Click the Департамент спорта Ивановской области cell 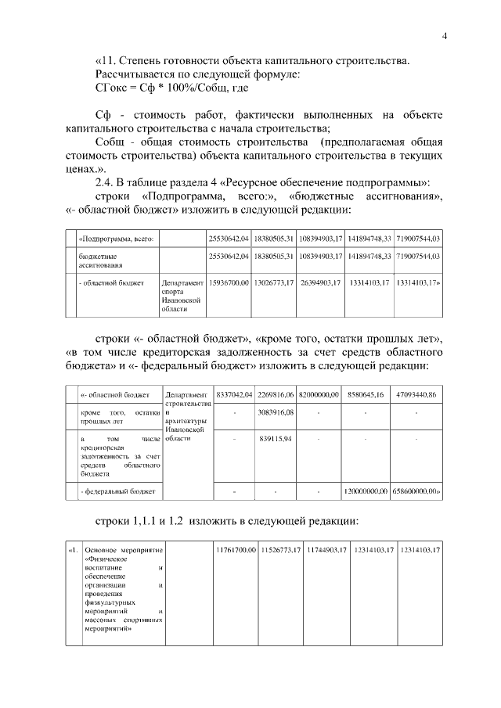[183, 295]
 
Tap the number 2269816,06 [275, 394]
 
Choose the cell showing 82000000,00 [319, 394]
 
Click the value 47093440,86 [416, 394]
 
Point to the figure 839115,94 [275, 439]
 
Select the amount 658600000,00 [416, 491]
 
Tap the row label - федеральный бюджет [119, 491]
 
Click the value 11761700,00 [236, 551]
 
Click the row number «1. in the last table [74, 551]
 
